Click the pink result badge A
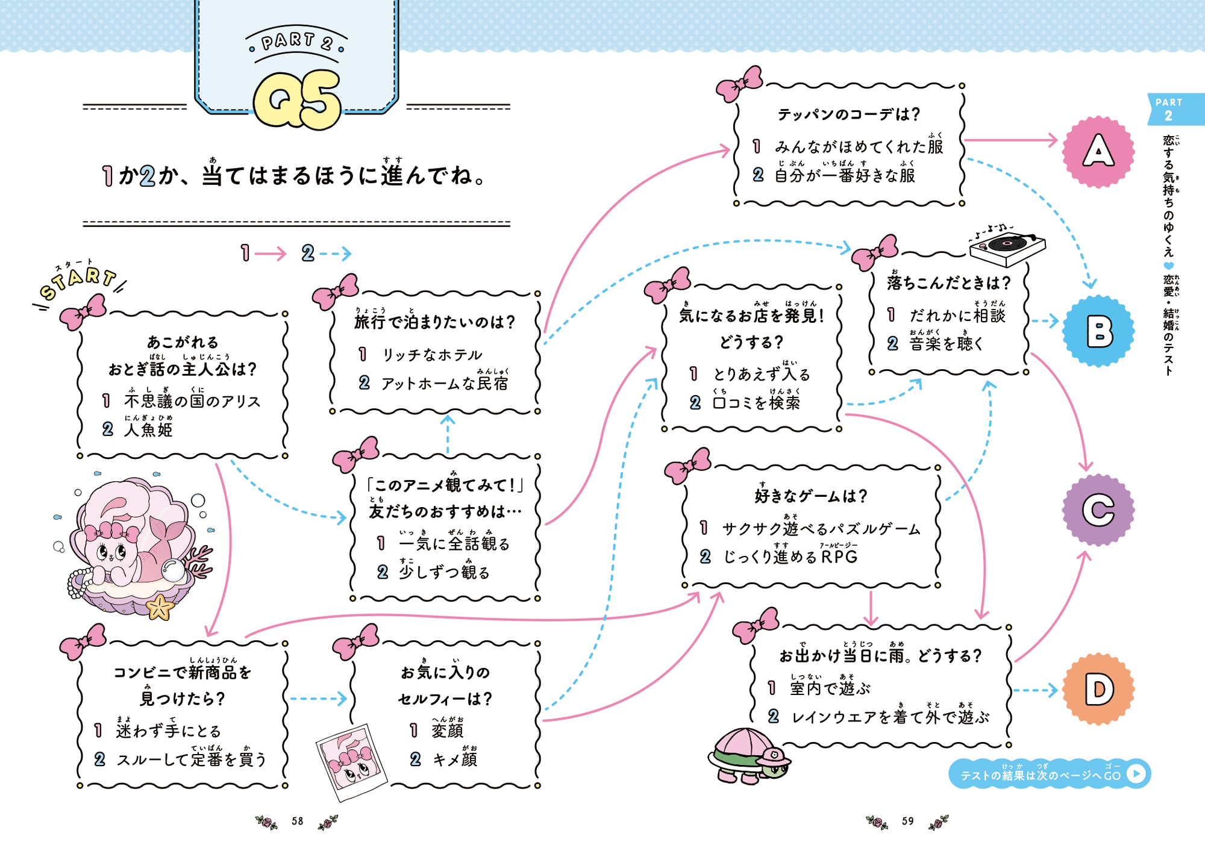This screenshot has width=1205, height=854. click(x=1098, y=151)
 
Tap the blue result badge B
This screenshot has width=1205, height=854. click(x=1098, y=331)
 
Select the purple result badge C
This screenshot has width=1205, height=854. click(x=1098, y=510)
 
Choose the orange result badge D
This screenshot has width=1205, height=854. click(x=1098, y=689)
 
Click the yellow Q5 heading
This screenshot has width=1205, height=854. click(x=298, y=100)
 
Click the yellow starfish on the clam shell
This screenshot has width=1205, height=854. click(x=160, y=606)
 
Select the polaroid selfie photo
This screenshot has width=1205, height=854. click(x=352, y=762)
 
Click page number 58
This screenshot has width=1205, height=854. click(x=297, y=821)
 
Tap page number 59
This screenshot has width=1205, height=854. click(x=907, y=821)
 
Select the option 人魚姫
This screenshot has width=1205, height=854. click(x=148, y=429)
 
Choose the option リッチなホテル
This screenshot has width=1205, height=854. click(x=432, y=355)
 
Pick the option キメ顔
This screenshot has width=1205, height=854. click(x=455, y=759)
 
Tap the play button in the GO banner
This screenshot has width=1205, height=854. click(x=1136, y=773)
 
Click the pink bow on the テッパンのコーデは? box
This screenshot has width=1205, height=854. click(x=739, y=84)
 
